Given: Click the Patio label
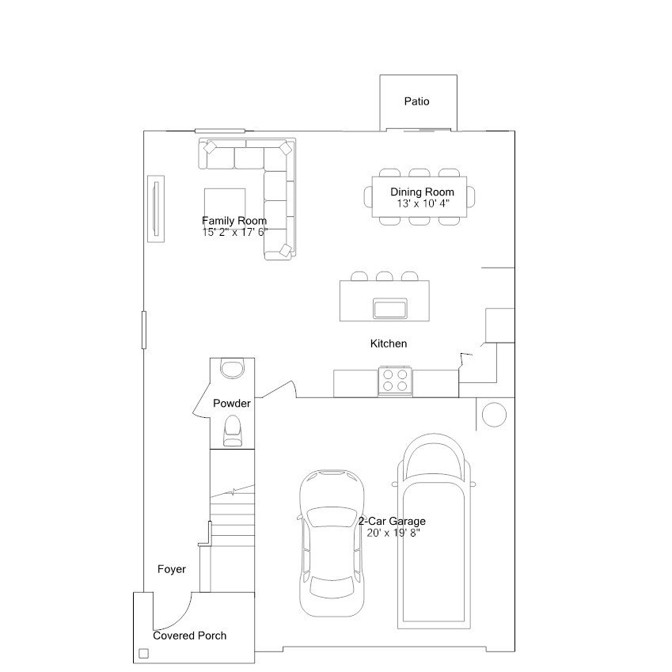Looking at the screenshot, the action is pos(416,101).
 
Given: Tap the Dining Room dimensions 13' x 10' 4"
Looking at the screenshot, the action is pos(423,203).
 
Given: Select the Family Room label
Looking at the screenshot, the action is pos(234,221).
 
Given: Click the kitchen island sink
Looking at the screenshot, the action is pos(390,308).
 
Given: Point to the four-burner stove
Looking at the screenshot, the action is pos(395,381).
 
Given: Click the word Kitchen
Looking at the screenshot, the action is pos(389,344).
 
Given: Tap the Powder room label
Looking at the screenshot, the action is pos(232,404).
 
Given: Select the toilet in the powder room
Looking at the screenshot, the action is pos(232,431).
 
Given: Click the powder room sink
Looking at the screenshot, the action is pos(232,369).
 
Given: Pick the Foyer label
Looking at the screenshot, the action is pos(172,569).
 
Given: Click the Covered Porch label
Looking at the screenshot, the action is pos(189,636).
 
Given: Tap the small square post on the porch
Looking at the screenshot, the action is pos(144,654).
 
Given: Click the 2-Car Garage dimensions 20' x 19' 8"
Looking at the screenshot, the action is pos(393,533).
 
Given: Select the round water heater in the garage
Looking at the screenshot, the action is pos(494,415).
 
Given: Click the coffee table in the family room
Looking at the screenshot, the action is pos(225,204).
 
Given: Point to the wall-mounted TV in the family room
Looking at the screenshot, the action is pos(156,209).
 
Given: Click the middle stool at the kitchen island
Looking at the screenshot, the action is pos(385,276).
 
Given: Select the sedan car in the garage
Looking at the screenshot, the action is pos(332,544).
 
